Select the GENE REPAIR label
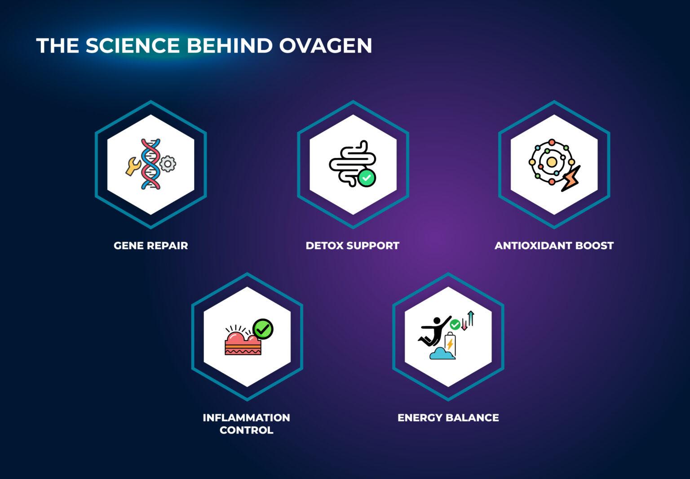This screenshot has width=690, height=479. coord(150,246)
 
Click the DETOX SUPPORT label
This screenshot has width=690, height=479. coord(352,246)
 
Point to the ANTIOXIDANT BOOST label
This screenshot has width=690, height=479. coord(554,246)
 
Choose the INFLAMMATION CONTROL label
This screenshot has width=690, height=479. coord(246,424)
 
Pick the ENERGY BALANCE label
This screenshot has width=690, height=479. coord(448,418)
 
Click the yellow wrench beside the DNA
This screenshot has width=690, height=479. coord(133,166)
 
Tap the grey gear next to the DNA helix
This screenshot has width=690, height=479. coord(168,164)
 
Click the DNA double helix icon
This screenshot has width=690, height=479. coord(150,164)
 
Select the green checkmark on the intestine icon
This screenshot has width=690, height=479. coord(367,178)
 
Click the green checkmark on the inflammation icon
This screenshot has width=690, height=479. coord(263,329)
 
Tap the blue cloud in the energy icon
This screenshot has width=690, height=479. coord(442,354)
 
